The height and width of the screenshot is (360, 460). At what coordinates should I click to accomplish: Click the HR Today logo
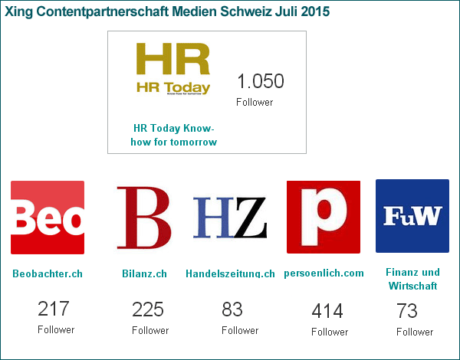[172, 68]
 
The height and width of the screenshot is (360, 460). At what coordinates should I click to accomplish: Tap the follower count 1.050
[260, 82]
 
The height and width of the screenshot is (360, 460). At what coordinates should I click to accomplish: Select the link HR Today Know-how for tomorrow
[175, 135]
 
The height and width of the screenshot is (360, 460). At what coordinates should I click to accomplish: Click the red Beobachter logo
[48, 217]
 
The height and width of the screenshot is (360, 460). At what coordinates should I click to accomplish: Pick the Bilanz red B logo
[143, 217]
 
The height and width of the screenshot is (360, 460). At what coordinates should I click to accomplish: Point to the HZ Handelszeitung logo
[230, 217]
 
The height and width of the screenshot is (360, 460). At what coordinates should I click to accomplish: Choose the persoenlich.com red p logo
[323, 217]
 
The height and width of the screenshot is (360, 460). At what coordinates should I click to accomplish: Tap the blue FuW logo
[412, 216]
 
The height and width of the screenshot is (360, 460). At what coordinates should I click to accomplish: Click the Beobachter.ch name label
[48, 273]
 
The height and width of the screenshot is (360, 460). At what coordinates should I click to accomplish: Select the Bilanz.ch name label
[144, 273]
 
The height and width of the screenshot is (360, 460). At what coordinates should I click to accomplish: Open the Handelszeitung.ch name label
[230, 273]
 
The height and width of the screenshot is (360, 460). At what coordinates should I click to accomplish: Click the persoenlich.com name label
[324, 273]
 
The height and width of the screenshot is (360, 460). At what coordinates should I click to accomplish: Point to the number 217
[54, 309]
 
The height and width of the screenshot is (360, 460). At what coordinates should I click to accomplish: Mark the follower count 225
[148, 309]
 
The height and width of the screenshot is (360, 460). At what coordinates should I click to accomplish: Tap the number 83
[232, 309]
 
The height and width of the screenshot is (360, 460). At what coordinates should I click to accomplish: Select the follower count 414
[327, 311]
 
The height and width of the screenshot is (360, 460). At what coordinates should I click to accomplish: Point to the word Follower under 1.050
[255, 102]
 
